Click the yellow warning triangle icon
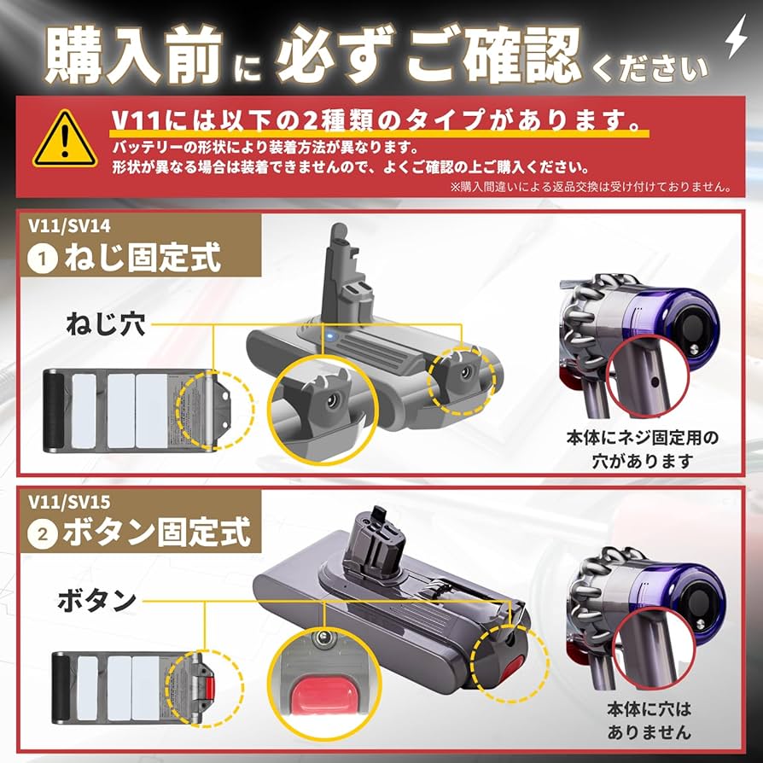tap(65, 139)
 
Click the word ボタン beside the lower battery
tap(96, 599)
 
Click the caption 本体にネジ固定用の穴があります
tap(642, 449)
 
